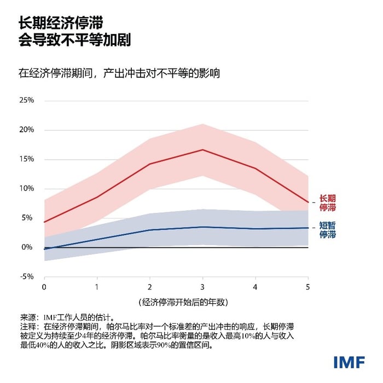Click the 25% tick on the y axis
(x=27, y=101)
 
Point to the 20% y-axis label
(x=27, y=130)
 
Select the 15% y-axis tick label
(x=27, y=159)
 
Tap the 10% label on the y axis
(x=27, y=189)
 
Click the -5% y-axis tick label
(x=27, y=276)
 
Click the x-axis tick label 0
(x=44, y=287)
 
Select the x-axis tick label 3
(x=202, y=287)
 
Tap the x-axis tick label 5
(x=307, y=287)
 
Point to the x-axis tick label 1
(x=97, y=287)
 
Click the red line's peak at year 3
(x=202, y=149)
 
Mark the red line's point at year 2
(x=149, y=164)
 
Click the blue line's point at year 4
(x=255, y=229)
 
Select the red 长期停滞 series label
(x=327, y=203)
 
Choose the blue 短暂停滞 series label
(x=327, y=230)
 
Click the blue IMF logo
(x=348, y=362)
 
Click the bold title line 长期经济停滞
(x=60, y=24)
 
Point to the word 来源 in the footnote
(x=28, y=317)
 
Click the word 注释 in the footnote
(x=28, y=326)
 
